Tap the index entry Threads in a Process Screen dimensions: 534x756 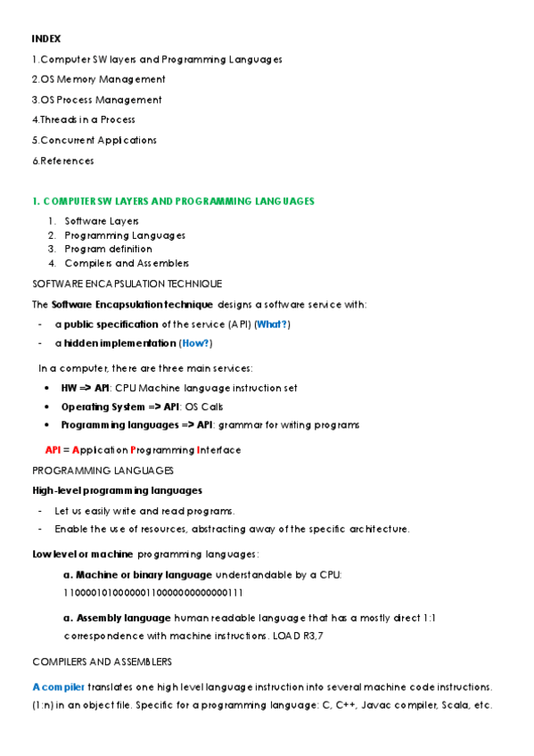[x=83, y=119]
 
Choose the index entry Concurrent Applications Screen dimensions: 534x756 [x=94, y=140]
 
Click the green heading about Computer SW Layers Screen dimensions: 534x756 [x=173, y=201]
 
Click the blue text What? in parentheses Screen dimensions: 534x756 [x=274, y=324]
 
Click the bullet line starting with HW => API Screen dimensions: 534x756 [x=178, y=388]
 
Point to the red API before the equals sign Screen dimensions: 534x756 [x=53, y=449]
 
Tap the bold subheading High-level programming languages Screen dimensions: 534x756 [x=117, y=490]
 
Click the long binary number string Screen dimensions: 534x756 [x=153, y=591]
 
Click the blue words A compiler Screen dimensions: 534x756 [x=59, y=686]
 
